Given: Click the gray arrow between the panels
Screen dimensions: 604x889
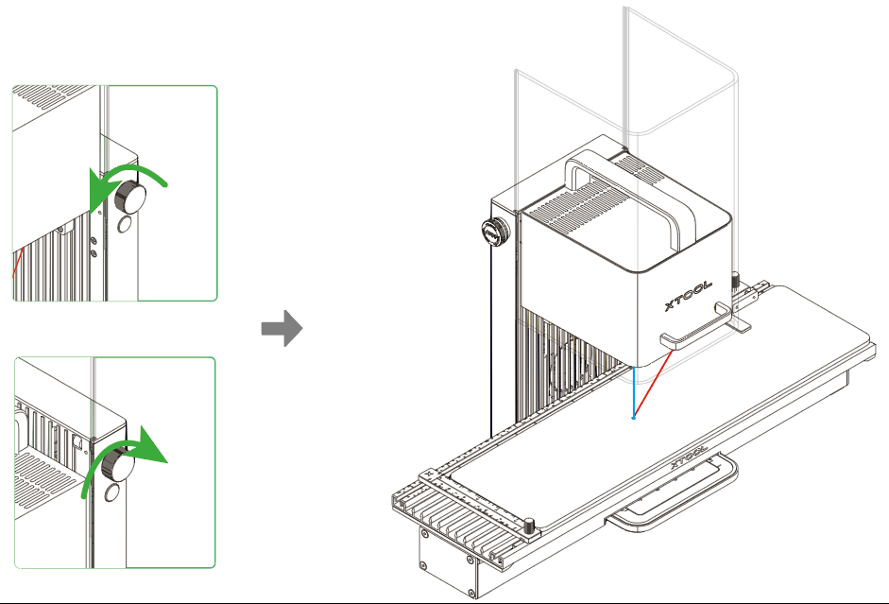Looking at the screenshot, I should [x=281, y=329].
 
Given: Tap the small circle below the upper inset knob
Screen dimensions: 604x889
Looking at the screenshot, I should [x=125, y=225].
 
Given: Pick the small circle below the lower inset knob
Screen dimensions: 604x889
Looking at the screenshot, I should [x=111, y=492].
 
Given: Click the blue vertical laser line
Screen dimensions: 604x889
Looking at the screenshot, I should [x=633, y=392].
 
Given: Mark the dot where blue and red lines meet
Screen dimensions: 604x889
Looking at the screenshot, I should [x=633, y=417].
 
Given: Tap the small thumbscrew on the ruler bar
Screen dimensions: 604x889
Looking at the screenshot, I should [x=530, y=523].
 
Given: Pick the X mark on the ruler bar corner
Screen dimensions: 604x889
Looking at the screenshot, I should [x=430, y=473].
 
